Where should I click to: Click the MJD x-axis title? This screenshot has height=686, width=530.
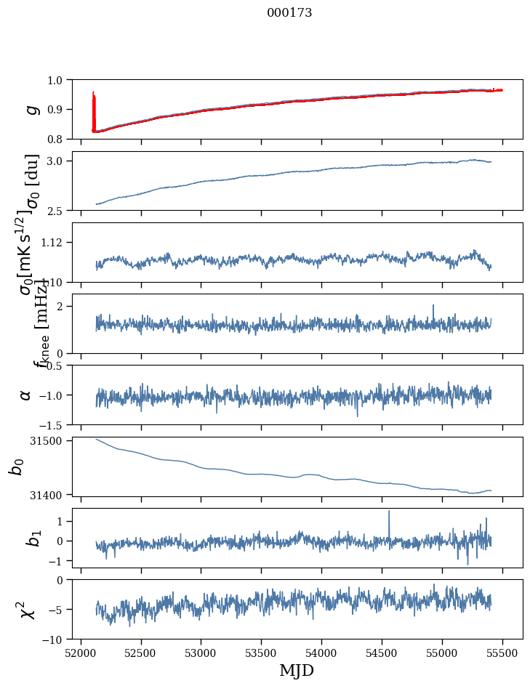[x=297, y=671]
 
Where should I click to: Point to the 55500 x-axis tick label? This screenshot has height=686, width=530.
[x=502, y=652]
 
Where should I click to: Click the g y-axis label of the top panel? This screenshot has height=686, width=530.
[x=31, y=109]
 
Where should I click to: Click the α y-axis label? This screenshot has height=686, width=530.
[x=26, y=395]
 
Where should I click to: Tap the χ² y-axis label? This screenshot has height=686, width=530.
[x=28, y=609]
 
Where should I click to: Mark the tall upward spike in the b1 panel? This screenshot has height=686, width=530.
[x=389, y=513]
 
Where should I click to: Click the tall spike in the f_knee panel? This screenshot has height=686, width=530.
[x=433, y=307]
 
